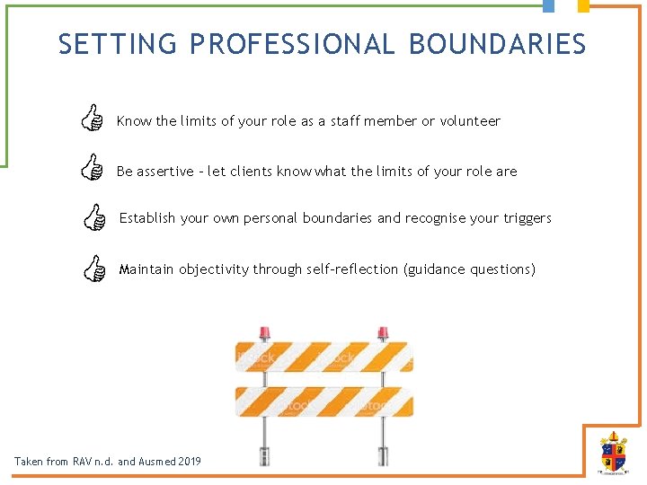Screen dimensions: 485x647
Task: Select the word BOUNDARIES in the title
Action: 497,44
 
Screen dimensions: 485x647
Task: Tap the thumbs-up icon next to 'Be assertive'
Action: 91,168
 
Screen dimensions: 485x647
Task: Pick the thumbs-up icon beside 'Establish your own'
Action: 93,216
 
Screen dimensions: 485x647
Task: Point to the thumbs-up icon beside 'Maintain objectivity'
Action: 93,267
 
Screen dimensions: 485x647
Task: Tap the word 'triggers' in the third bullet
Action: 525,218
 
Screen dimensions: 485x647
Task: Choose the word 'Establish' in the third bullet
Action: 147,218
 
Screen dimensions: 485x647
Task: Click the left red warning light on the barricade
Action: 265,333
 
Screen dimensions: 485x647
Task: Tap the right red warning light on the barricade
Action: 383,333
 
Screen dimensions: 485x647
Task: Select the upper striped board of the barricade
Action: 323,357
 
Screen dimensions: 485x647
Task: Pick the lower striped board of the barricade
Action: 323,401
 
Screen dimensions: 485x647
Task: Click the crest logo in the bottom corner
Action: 613,453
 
